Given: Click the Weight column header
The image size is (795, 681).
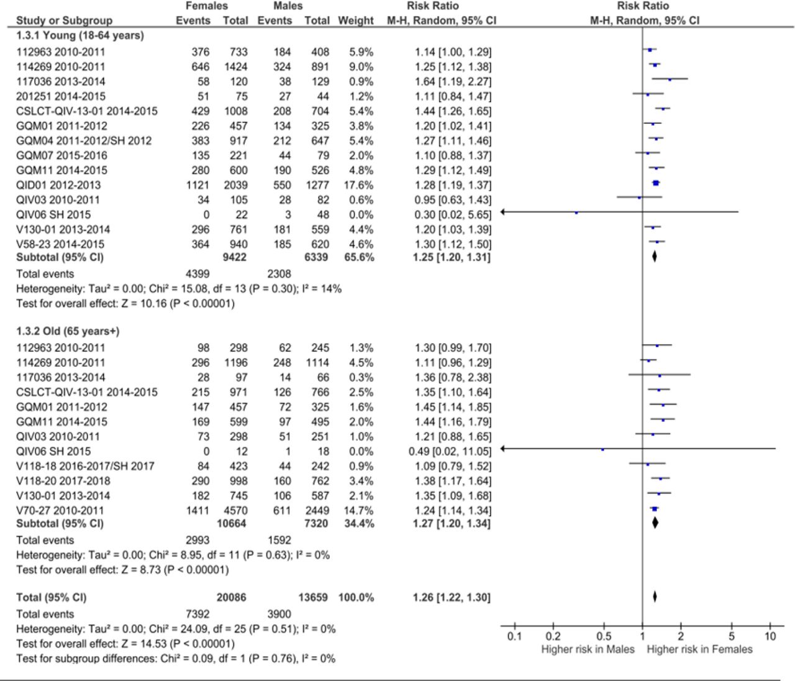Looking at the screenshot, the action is (356, 21).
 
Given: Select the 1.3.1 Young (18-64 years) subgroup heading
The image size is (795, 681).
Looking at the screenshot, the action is (80, 35).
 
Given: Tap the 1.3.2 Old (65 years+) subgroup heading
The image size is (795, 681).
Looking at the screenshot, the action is (68, 331).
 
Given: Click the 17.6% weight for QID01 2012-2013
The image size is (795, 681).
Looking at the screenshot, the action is (358, 185).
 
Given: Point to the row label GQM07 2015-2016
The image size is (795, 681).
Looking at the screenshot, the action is (61, 155).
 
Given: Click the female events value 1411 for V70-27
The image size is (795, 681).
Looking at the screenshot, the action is (198, 511).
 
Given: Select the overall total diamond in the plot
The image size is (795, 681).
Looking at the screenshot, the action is (655, 597).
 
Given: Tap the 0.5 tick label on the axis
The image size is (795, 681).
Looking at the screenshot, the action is (604, 636).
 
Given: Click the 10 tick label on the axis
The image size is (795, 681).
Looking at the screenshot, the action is (770, 636).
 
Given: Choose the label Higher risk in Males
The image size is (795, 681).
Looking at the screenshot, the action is (588, 649).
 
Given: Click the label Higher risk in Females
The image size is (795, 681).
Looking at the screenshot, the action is (699, 649).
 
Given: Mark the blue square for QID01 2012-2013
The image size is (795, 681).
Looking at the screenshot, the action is (656, 183).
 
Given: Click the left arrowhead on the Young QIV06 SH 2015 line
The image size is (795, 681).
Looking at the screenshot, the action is (503, 212).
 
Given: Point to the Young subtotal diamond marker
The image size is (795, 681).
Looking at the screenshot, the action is (654, 257).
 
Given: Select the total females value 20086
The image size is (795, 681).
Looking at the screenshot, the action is (231, 598).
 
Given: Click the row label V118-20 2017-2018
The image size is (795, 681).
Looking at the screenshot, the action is (63, 481).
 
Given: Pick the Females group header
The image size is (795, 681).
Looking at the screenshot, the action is (207, 6).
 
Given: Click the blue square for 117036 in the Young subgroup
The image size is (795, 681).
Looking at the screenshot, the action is (670, 80).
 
